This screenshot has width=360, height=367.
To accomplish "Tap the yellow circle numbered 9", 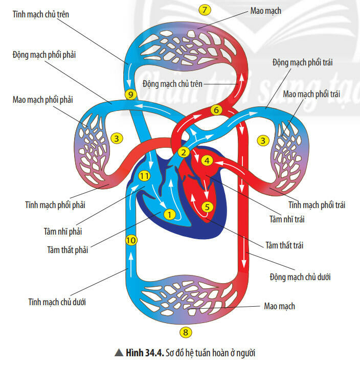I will click(x=130, y=95).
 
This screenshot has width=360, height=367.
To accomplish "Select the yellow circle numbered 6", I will click(x=216, y=110).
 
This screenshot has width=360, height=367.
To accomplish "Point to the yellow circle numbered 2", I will click(x=184, y=152).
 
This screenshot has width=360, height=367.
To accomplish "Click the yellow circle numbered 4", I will click(x=207, y=160).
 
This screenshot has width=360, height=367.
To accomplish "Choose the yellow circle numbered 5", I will click(x=207, y=207).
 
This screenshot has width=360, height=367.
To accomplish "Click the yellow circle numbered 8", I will click(x=186, y=332).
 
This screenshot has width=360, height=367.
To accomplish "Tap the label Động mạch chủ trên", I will click(x=173, y=83).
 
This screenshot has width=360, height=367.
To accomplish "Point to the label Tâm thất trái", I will click(x=284, y=245).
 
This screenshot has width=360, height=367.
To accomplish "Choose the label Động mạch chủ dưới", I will click(x=300, y=277).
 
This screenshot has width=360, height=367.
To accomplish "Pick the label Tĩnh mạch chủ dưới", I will click(x=57, y=302).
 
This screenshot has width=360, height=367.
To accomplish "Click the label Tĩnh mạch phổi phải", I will click(x=55, y=205).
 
